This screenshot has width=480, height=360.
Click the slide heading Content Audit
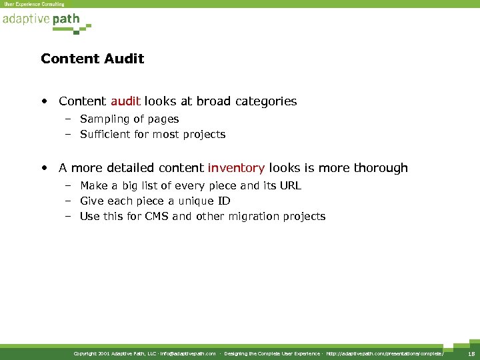(92, 59)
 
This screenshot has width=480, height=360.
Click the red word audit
(125, 101)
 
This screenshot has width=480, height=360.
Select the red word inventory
(236, 168)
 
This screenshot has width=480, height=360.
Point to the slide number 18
(471, 353)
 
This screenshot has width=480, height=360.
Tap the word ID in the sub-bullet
(223, 201)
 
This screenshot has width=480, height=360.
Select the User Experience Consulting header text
(34, 4)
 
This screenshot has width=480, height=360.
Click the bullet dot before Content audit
(43, 102)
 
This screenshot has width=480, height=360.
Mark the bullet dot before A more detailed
(43, 169)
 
